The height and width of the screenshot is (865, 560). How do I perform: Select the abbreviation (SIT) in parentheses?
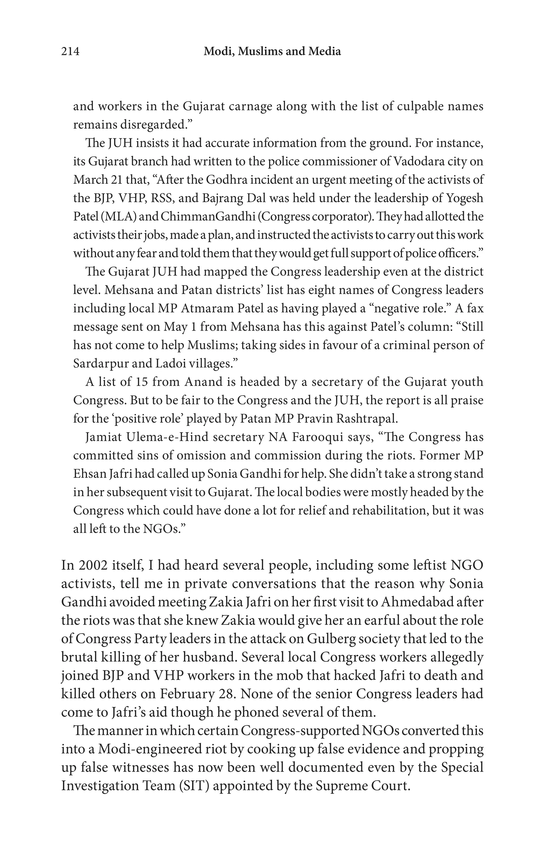[194, 786]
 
